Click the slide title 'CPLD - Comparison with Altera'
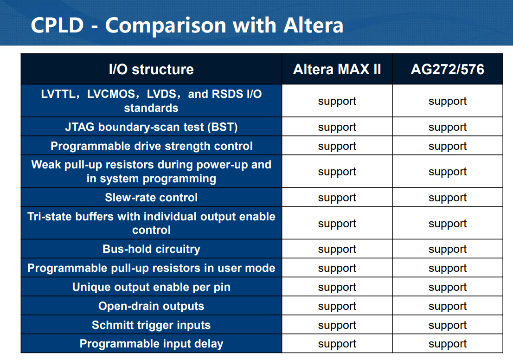coord(187,25)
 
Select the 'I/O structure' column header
coord(151,70)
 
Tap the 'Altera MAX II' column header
coord(337,70)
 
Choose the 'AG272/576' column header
coord(448,70)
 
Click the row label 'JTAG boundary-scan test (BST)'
coord(151,127)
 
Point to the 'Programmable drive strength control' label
coord(152,146)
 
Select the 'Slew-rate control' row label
coord(151,197)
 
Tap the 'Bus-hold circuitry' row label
coord(151,249)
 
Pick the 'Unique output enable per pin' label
coord(151,287)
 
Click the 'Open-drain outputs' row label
coord(151,306)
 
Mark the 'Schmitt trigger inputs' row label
coord(151,325)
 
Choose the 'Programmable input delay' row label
coord(151,344)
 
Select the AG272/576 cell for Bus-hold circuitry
coord(448,250)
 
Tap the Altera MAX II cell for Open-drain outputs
coord(337,307)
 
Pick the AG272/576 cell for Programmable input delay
coord(448,344)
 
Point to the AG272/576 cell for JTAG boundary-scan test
coord(448,128)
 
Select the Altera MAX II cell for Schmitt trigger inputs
coord(337,326)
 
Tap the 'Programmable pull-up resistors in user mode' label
coord(151,268)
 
